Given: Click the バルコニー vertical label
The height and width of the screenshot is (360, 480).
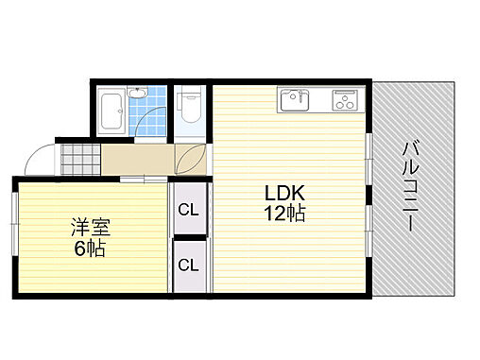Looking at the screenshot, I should (412, 188).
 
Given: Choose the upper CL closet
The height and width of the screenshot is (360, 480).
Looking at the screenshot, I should (188, 210).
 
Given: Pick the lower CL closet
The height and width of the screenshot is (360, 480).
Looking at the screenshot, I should (188, 266).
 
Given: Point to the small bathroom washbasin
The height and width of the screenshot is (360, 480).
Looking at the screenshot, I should (137, 93).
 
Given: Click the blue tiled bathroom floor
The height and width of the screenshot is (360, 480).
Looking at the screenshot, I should (151, 118).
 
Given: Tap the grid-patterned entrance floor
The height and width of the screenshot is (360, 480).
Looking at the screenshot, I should (77, 157).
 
